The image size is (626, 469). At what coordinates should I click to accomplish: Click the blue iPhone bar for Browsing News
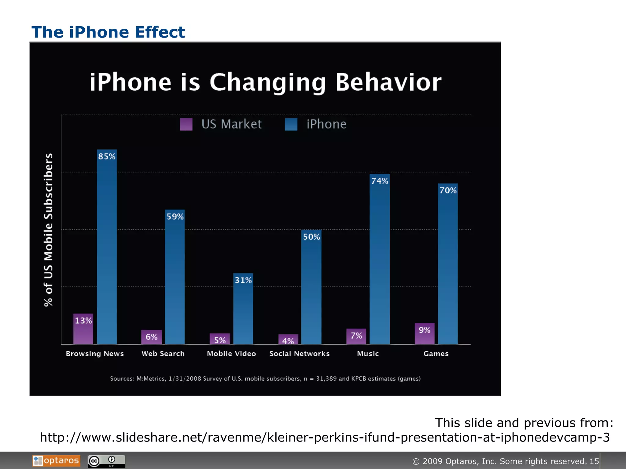pos(107,250)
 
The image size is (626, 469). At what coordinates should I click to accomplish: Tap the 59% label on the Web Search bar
pos(175,217)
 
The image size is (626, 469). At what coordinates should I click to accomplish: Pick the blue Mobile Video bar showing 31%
pos(243,311)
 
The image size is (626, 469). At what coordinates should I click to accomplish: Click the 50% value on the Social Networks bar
pos(311,237)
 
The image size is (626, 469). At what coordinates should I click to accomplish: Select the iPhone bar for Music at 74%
pos(379,263)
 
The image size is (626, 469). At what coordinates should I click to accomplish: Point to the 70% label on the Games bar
pos(448,191)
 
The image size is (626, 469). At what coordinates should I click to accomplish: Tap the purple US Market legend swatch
pos(186,124)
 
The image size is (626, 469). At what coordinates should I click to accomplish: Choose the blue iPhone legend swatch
pos(291,124)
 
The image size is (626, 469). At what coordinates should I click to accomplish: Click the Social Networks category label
pos(299,354)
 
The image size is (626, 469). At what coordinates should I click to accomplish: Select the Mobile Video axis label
pos(231,354)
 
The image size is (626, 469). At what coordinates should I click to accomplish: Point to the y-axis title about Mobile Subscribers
pos(48,230)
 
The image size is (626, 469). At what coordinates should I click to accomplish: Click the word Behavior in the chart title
pos(388,82)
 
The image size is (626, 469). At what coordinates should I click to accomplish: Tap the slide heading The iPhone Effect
pos(108,32)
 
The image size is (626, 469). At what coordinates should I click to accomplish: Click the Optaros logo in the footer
pos(57,461)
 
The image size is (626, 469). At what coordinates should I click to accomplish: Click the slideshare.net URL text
pos(325,438)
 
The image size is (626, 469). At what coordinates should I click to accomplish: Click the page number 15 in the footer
pos(594,461)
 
